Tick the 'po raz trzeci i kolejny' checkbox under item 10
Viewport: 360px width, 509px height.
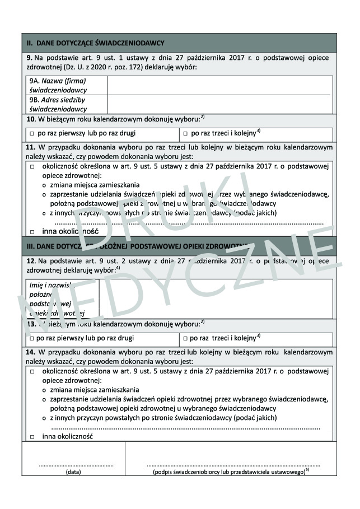point(185,134)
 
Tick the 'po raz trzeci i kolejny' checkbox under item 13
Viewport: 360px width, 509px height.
point(185,339)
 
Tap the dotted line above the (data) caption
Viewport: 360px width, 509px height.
point(76,465)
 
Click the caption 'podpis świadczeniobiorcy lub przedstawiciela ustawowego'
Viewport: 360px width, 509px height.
point(230,473)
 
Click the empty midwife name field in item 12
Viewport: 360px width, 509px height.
point(215,298)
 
